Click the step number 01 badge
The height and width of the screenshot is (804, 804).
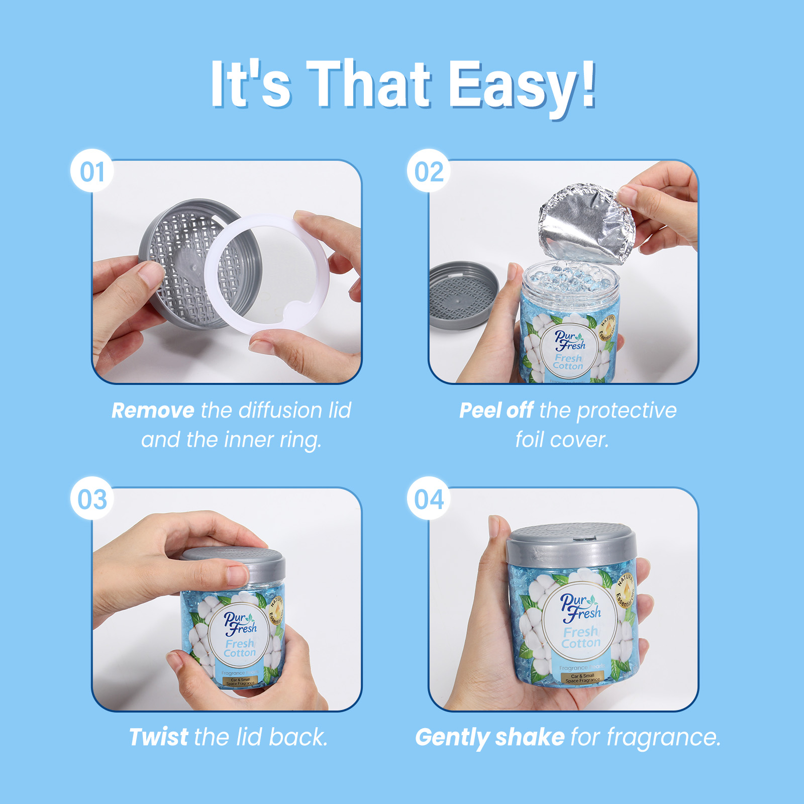(x=92, y=172)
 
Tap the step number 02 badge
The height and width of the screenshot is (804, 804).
(x=429, y=172)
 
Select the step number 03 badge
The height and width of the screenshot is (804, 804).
(x=92, y=499)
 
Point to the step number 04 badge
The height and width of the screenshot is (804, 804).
(x=429, y=499)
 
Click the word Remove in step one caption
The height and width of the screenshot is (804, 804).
(x=153, y=411)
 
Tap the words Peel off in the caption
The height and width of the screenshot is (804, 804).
(x=496, y=411)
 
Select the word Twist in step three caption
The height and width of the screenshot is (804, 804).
(x=158, y=737)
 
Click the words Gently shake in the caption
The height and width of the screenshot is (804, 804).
(x=489, y=737)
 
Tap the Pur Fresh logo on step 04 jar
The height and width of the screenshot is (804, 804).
(x=580, y=607)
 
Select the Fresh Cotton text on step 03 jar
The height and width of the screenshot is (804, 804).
(x=240, y=648)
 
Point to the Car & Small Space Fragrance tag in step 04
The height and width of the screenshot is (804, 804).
(x=582, y=678)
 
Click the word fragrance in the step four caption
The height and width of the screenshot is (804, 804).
(x=663, y=737)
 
